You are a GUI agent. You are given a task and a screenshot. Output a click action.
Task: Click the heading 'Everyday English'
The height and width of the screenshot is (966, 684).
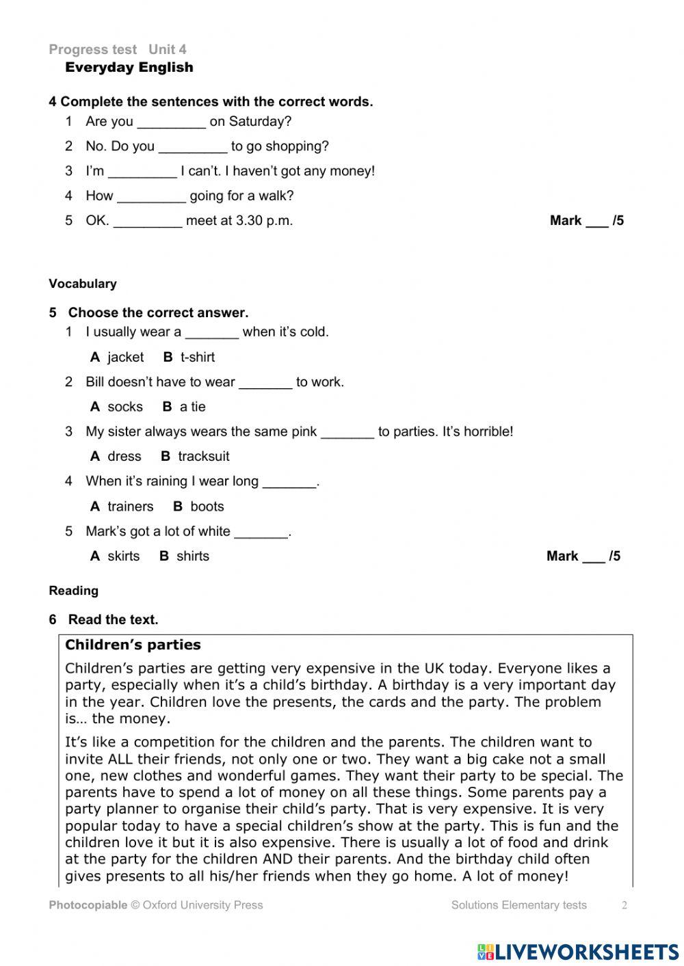pos(129,67)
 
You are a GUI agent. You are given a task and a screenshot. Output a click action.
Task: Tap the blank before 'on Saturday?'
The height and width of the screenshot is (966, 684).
pos(171,124)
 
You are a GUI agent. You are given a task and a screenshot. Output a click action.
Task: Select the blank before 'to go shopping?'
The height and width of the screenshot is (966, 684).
pos(193,148)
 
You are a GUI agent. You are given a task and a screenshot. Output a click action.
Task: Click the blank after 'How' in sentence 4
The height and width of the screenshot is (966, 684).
pos(151,198)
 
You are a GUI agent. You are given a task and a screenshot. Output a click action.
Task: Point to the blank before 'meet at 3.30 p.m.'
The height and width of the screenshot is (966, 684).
pos(148,223)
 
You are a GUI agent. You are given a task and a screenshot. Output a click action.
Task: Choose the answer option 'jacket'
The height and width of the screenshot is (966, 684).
pos(125,357)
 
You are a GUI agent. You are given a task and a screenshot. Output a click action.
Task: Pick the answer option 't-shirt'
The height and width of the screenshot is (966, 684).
pos(197,357)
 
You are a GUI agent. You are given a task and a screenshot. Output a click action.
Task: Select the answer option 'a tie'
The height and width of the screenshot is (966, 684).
pos(192,407)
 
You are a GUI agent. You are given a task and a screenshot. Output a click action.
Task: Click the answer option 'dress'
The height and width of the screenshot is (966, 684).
pos(124,456)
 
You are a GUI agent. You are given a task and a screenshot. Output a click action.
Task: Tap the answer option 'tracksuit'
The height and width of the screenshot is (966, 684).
pos(203,456)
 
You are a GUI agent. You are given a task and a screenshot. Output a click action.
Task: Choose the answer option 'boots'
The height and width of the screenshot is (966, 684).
pos(207,507)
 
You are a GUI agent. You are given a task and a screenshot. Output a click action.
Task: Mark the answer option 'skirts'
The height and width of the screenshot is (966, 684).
pos(123,556)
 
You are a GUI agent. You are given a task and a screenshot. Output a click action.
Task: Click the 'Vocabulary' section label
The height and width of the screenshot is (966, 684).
pos(83,284)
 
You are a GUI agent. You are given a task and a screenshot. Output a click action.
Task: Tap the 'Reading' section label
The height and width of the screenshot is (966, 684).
pos(73,591)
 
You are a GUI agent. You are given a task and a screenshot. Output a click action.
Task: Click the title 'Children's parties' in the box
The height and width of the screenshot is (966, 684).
pos(133,645)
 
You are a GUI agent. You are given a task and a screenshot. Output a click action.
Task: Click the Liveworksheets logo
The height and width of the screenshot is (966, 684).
pos(578,951)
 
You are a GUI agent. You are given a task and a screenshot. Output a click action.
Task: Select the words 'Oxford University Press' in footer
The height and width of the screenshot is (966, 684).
pos(202,905)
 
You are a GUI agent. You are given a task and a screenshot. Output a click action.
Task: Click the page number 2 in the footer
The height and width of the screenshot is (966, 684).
pos(624,905)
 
